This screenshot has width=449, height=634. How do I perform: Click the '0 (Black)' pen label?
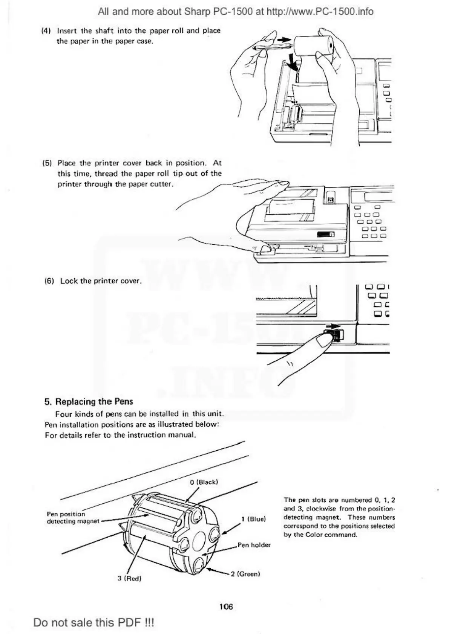(x=204, y=482)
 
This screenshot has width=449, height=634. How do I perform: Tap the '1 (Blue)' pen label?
(x=253, y=519)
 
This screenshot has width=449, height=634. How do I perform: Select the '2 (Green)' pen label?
(x=245, y=574)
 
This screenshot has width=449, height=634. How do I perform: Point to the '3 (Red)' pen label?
(x=129, y=578)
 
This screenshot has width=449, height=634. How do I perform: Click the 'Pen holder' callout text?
(x=254, y=545)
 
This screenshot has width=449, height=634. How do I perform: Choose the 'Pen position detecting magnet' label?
(x=73, y=518)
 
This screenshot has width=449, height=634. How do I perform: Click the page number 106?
(x=226, y=607)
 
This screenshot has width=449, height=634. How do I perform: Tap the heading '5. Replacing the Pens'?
(x=89, y=401)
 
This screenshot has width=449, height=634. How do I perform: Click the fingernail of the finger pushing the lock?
(x=324, y=340)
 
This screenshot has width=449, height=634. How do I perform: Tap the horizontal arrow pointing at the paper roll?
(x=284, y=39)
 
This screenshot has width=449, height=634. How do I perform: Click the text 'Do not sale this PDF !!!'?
(x=94, y=622)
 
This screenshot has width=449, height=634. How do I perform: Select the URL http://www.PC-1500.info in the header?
(x=320, y=12)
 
